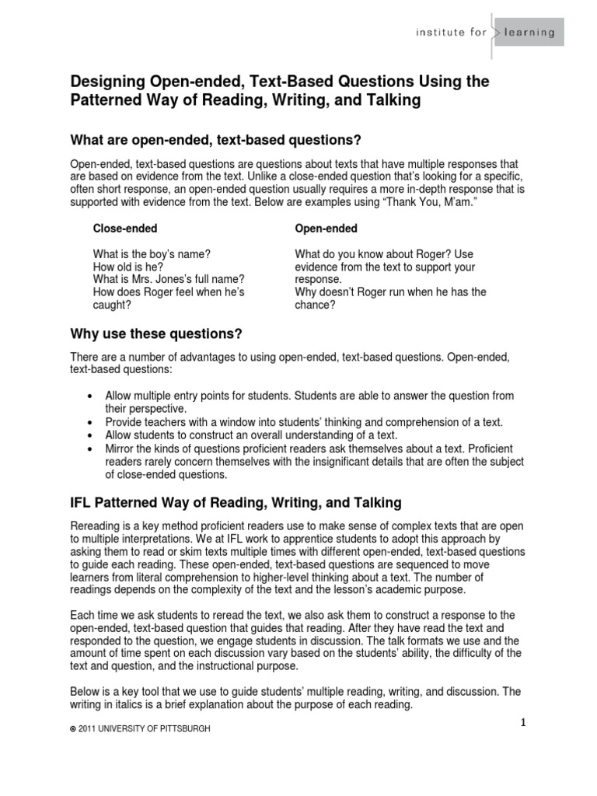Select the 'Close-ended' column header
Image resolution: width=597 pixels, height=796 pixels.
pyautogui.click(x=125, y=229)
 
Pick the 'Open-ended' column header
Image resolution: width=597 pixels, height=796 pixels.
pyautogui.click(x=326, y=229)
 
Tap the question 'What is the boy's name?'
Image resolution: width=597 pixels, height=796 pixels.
pyautogui.click(x=152, y=254)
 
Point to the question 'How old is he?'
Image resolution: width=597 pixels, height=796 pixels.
pyautogui.click(x=128, y=267)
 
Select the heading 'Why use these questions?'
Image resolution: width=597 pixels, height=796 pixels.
pyautogui.click(x=157, y=334)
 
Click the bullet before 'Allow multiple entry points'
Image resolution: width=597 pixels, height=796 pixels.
pyautogui.click(x=94, y=396)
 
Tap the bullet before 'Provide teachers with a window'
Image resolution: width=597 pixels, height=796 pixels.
pyautogui.click(x=94, y=422)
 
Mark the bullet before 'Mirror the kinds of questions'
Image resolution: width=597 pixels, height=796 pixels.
pyautogui.click(x=94, y=449)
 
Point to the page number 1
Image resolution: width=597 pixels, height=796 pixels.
pyautogui.click(x=524, y=723)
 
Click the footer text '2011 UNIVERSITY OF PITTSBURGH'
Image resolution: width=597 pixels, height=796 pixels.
pyautogui.click(x=144, y=728)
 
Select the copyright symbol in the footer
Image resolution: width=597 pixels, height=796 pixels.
pyautogui.click(x=72, y=728)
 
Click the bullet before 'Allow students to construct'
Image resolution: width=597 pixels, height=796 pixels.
pyautogui.click(x=94, y=435)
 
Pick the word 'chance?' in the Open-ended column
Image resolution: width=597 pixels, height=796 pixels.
pyautogui.click(x=316, y=305)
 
